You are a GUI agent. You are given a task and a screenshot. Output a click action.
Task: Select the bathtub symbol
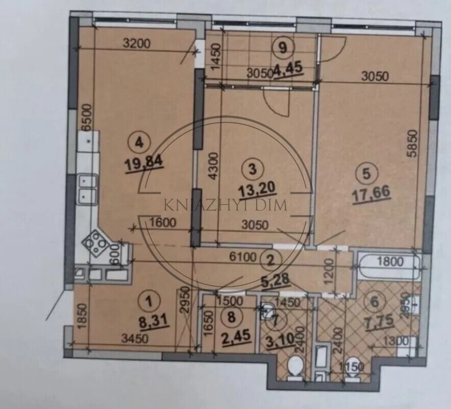388,262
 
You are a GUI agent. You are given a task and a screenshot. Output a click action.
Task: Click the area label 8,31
148,322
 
